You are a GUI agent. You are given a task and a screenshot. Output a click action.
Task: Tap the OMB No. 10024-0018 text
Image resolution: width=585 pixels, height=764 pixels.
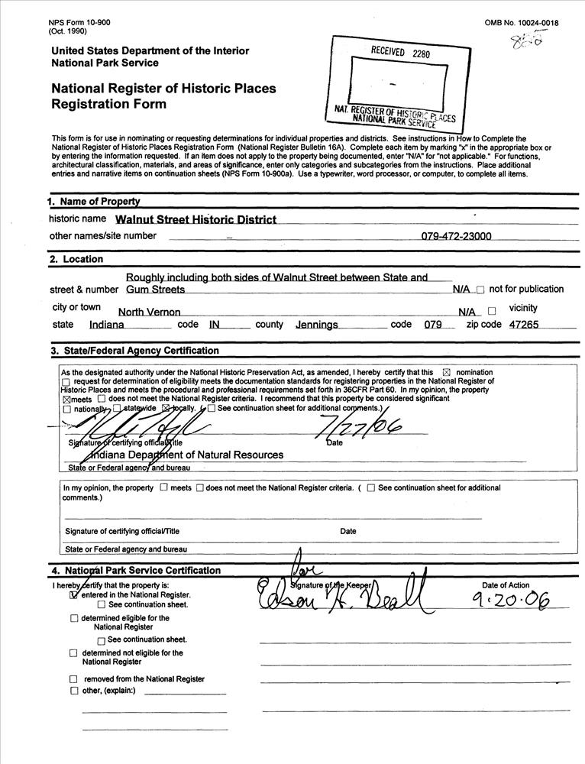(522, 23)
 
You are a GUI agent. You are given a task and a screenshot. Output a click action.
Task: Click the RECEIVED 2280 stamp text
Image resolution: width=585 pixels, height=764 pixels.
(400, 53)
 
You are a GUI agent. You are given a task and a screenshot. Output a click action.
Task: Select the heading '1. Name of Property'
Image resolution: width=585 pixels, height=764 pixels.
(94, 202)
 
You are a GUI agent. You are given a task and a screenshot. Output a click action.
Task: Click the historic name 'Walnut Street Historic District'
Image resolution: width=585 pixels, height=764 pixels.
(196, 220)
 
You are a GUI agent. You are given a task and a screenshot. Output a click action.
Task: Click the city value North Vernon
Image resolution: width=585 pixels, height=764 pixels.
(149, 312)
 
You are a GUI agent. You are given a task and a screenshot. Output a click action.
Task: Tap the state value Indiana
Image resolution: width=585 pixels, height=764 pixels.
(109, 325)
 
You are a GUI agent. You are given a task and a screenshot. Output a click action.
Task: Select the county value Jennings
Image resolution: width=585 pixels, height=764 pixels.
(317, 325)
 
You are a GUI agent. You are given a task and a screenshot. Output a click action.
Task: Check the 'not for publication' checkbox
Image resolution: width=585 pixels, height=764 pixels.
(480, 290)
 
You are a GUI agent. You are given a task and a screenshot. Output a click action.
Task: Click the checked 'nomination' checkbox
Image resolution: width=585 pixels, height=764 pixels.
(447, 373)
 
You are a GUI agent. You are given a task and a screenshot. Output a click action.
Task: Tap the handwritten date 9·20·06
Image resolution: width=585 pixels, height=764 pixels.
(510, 602)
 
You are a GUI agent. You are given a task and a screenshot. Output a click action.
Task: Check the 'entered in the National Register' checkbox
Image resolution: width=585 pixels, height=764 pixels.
(74, 594)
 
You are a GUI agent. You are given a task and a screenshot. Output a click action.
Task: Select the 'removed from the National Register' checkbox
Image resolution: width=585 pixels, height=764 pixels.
(74, 679)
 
